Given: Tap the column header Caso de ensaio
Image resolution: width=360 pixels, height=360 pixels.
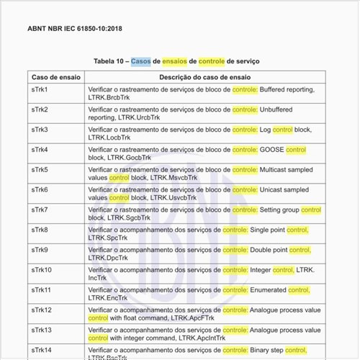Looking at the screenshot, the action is pos(55,76).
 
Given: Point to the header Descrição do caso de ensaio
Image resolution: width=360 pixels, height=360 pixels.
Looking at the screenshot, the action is pos(205,76).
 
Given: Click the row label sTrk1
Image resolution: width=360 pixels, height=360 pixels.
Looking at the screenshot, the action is pos(40,89).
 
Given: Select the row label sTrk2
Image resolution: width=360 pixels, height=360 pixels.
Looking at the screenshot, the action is pos(40,109).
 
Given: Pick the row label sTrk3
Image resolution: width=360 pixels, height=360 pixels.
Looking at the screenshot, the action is pos(40,130).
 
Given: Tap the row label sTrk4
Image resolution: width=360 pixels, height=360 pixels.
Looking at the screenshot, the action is pos(40,150).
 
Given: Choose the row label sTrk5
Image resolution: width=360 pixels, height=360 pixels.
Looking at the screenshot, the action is pos(40,170).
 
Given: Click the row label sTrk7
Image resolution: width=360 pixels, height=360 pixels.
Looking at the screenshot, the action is pos(40,210).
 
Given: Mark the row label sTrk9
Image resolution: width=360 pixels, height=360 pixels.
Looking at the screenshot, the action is pos(40,250).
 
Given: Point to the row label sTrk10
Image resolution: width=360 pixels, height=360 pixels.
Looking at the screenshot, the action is pos(42,270).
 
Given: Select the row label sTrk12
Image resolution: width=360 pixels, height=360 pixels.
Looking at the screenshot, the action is pos(42,310).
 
